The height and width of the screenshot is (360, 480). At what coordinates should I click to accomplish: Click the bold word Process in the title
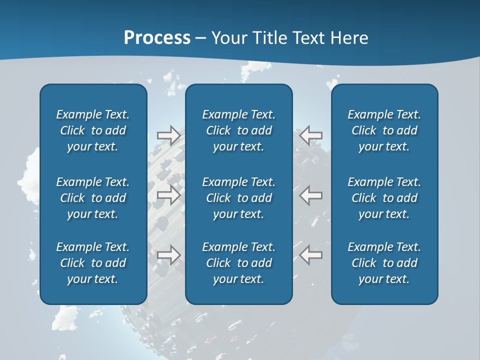point(157,38)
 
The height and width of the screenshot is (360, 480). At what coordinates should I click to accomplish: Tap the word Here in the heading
point(349,38)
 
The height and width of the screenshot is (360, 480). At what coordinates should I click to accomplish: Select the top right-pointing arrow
point(168,135)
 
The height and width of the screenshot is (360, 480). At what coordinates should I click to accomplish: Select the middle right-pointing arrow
point(168,194)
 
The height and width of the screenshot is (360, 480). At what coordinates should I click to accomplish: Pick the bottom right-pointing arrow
point(168,255)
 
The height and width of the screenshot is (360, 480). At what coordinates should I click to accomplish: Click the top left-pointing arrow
point(311,135)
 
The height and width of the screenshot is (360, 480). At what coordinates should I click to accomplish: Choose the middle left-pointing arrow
point(311,194)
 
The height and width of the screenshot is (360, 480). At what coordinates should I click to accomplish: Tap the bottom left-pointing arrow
point(311,255)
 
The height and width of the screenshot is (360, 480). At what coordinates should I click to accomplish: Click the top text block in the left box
point(93,130)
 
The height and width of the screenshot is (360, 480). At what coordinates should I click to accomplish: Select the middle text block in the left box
point(93,198)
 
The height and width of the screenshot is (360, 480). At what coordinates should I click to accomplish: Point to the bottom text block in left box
point(93,263)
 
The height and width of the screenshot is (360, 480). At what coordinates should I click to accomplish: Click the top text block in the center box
point(238,130)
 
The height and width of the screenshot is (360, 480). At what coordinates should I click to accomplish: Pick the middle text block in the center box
point(238,198)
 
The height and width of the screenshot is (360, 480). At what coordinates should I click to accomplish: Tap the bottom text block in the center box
point(238,263)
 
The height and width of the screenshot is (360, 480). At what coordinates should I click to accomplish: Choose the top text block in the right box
point(384,130)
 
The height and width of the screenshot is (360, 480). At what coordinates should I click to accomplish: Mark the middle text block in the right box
point(384,198)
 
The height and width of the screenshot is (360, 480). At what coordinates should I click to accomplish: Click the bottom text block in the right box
point(384,263)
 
